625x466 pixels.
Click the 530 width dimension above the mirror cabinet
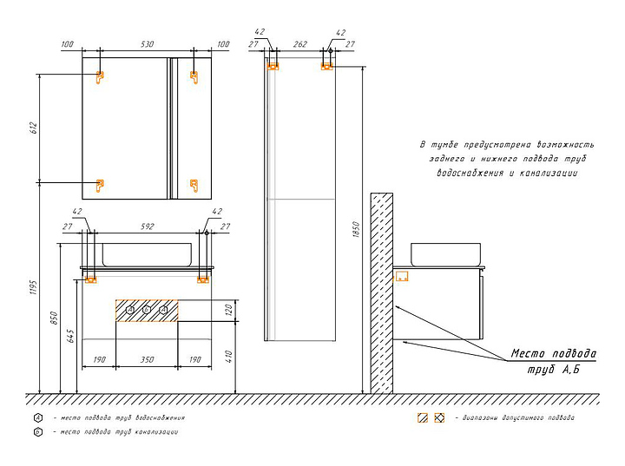click(146, 43)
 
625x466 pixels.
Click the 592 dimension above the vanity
click(146, 227)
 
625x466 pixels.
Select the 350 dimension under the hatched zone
click(146, 358)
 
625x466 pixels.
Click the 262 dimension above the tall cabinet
click(301, 43)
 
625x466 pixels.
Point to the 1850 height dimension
click(356, 230)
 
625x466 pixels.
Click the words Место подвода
click(553, 353)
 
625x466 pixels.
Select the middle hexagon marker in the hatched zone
click(146, 310)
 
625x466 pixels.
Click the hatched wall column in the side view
click(381, 291)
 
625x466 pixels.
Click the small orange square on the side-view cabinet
click(403, 276)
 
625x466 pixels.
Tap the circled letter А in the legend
click(38, 417)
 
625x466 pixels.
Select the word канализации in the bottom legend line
click(156, 431)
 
